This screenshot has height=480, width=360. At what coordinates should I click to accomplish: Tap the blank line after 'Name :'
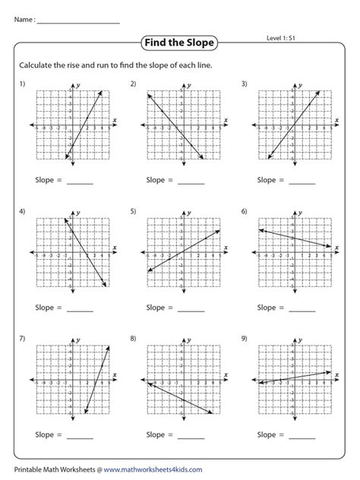click(x=78, y=21)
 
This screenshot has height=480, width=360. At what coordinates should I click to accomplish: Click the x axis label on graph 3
click(x=336, y=119)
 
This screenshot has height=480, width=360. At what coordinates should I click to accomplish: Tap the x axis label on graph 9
click(x=336, y=374)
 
